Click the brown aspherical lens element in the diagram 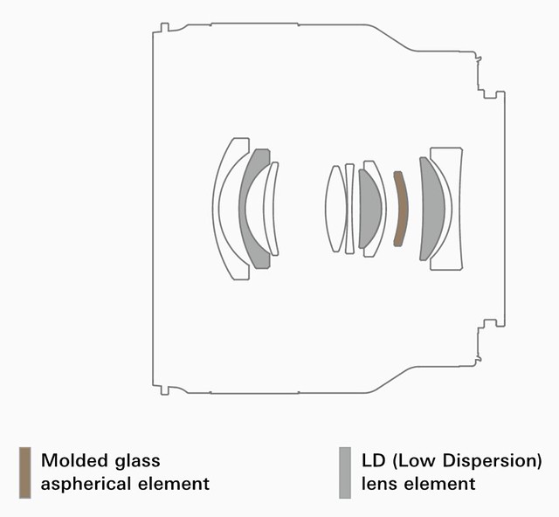pyautogui.click(x=402, y=209)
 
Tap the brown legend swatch pyautogui.click(x=25, y=472)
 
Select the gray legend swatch pyautogui.click(x=345, y=472)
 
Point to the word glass pyautogui.click(x=138, y=460)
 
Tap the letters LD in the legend pyautogui.click(x=374, y=460)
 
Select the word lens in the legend pyautogui.click(x=376, y=484)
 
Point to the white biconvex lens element pyautogui.click(x=335, y=209)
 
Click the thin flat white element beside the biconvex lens pyautogui.click(x=349, y=209)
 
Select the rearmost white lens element pyautogui.click(x=457, y=209)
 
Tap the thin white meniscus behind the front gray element pyautogui.click(x=271, y=209)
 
